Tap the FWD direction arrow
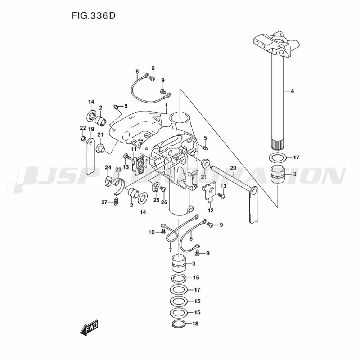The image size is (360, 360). (89, 328)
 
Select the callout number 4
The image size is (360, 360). (292, 91)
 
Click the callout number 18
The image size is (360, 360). (195, 324)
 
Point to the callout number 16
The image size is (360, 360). (196, 278)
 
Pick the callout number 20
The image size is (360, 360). (233, 168)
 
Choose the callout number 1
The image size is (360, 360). (166, 105)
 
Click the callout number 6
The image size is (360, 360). (137, 72)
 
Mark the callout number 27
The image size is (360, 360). (104, 202)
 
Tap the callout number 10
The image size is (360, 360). (152, 233)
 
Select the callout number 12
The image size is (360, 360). (211, 210)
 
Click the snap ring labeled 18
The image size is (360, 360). (179, 324)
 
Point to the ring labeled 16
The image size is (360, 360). (179, 278)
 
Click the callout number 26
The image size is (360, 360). (164, 202)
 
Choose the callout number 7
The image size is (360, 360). (170, 250)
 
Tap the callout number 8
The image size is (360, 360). (191, 239)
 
